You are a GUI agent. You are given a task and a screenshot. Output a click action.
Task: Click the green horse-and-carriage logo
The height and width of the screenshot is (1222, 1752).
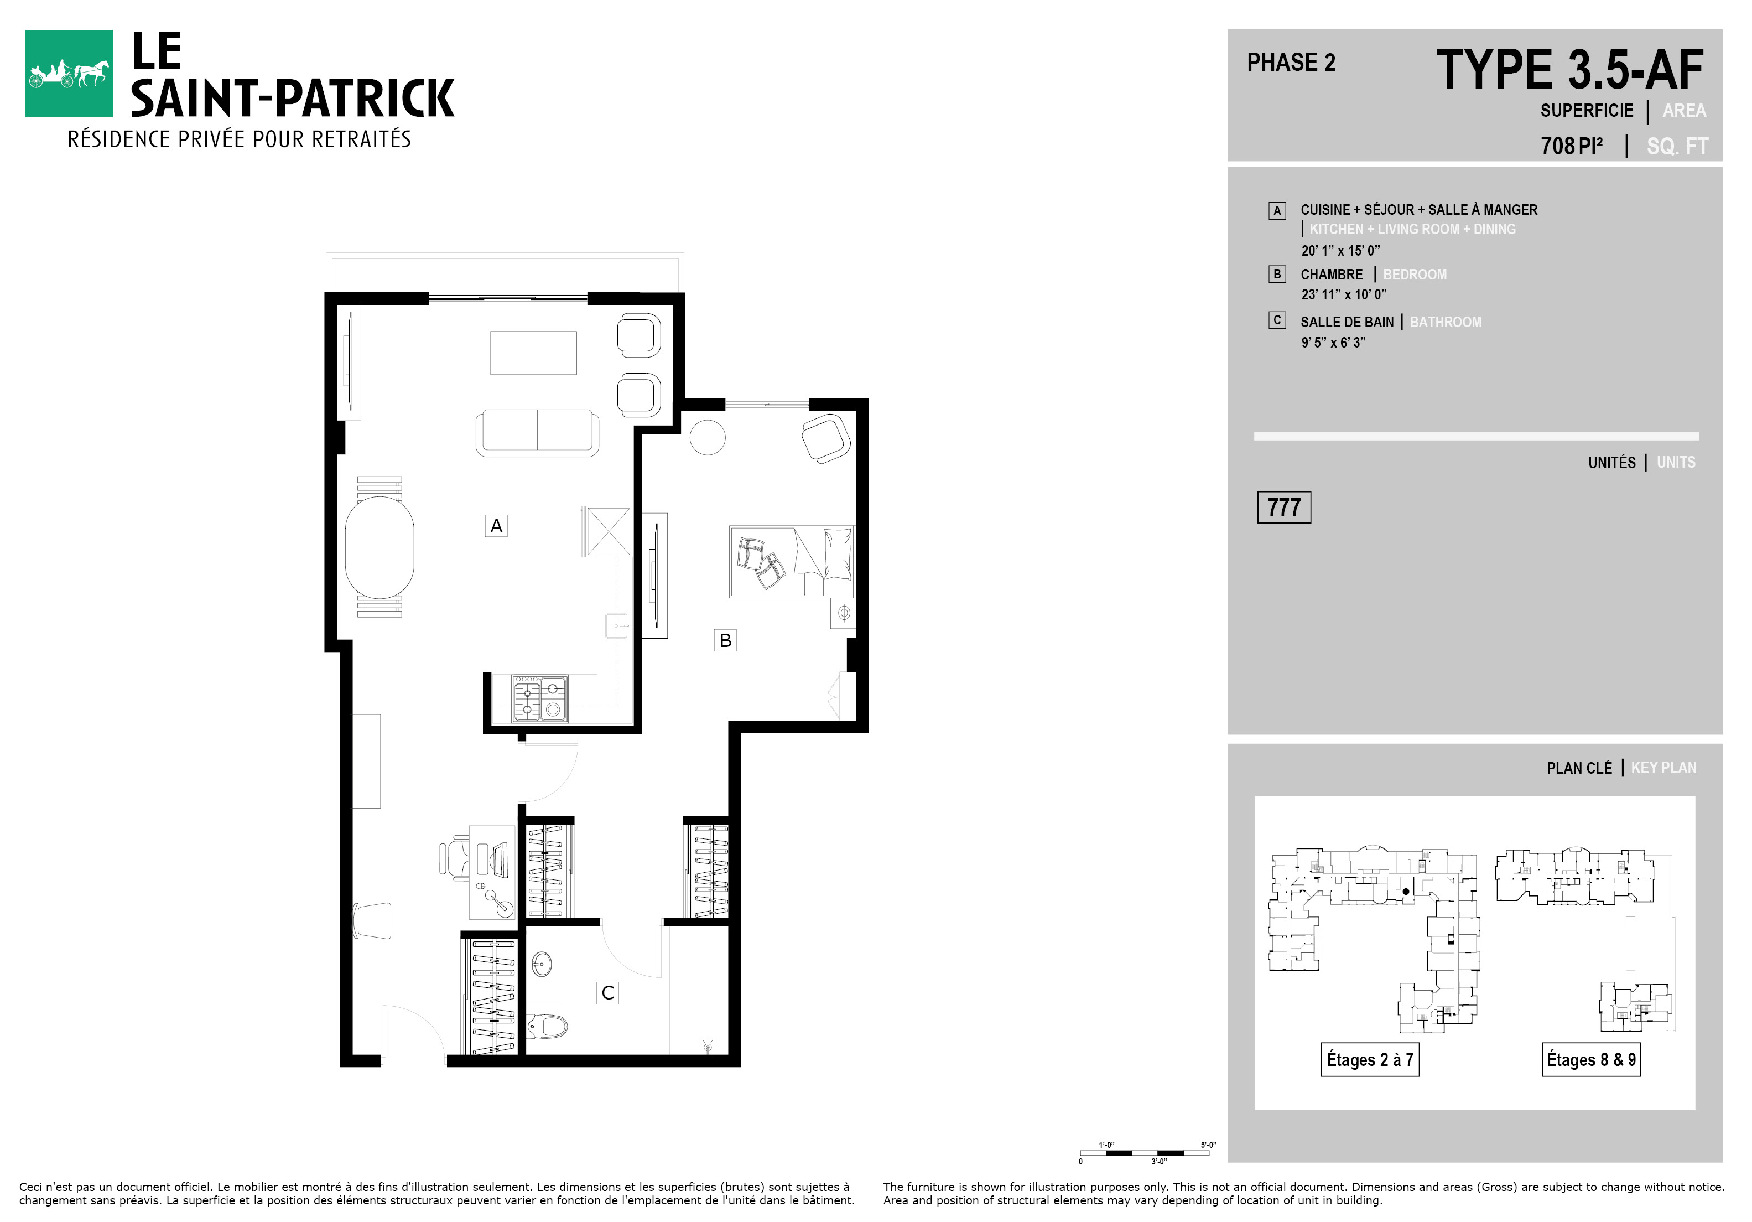[69, 73]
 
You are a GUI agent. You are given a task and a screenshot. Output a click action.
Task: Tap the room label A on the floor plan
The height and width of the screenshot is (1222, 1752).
[496, 526]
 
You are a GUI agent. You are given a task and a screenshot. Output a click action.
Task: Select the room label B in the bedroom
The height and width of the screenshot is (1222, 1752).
[725, 640]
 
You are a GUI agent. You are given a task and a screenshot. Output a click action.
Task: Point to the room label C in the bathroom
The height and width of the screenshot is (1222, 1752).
[607, 993]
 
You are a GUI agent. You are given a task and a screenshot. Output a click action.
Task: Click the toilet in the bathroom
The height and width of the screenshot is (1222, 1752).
[547, 1026]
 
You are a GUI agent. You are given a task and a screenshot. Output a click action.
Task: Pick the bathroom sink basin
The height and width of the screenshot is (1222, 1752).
[541, 964]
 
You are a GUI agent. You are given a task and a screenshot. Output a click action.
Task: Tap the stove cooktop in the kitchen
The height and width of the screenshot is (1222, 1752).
[539, 698]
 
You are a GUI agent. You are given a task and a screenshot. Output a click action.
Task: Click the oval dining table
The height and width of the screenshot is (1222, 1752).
[379, 547]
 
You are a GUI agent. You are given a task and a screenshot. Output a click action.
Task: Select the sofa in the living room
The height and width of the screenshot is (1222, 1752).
[537, 433]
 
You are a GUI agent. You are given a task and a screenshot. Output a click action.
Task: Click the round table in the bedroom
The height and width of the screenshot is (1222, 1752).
[708, 437]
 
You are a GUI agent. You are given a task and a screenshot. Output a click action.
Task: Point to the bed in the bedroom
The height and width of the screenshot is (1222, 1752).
[791, 561]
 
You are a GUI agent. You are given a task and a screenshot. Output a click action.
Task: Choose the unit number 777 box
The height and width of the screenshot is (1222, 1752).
[1283, 508]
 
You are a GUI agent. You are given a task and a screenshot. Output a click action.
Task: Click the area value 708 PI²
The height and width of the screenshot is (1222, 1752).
[1571, 145]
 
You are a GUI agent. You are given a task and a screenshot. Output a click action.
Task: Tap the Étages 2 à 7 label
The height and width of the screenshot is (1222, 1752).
[1370, 1059]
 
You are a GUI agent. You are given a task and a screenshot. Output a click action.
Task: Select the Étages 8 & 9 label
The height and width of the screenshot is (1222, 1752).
[1591, 1059]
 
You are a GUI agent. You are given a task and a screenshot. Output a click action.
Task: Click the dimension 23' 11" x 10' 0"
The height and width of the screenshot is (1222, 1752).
[1344, 294]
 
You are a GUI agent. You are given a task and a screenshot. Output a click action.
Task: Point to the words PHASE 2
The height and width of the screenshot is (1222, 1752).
[1291, 63]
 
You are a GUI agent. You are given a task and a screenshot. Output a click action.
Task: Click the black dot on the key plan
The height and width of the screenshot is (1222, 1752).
[1406, 890]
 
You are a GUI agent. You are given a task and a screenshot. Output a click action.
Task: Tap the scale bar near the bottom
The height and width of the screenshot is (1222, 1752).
[1145, 1152]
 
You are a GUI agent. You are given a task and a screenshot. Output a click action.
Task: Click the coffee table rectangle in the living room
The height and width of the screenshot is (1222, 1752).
[533, 353]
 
